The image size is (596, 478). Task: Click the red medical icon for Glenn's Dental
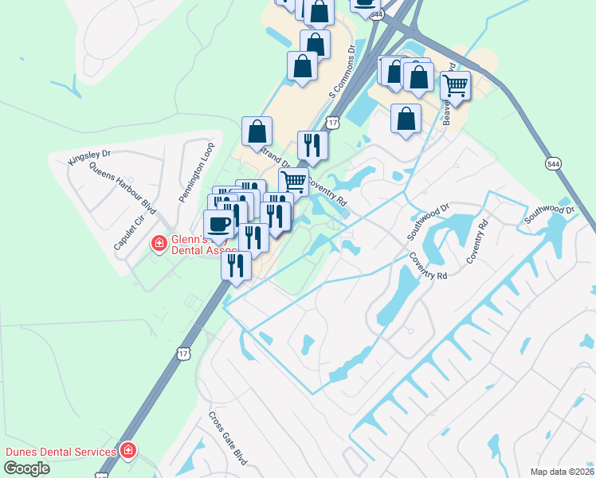click(x=159, y=242)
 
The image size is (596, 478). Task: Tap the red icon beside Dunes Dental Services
click(x=128, y=451)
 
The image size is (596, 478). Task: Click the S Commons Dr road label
click(x=342, y=72)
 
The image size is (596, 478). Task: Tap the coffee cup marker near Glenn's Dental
click(x=219, y=224)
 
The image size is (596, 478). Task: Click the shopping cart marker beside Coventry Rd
click(x=293, y=181)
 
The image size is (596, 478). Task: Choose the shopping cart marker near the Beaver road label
click(x=455, y=84)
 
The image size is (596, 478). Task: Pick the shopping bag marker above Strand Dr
click(x=257, y=131)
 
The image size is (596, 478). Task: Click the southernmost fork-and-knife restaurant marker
click(x=236, y=264)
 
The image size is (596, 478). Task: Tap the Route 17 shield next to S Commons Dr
click(x=332, y=123)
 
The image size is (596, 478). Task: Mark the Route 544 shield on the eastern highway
click(x=552, y=163)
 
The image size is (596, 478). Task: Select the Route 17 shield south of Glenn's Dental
click(x=184, y=353)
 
